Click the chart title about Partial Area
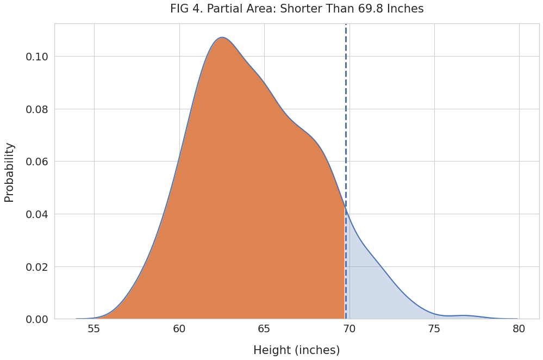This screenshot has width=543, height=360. (296, 9)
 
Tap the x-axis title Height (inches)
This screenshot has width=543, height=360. (296, 350)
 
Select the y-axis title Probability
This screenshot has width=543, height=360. (10, 172)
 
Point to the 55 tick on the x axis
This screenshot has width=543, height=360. (94, 329)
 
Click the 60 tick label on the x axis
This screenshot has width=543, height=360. (179, 329)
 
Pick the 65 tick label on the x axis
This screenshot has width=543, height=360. (264, 329)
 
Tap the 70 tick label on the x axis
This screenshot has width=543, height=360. (349, 329)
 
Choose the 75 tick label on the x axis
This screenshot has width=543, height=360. (434, 329)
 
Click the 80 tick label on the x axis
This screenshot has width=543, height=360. (519, 329)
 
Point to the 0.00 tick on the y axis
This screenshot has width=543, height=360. (37, 319)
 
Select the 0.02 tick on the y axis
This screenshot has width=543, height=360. (37, 266)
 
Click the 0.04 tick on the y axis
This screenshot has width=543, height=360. (37, 214)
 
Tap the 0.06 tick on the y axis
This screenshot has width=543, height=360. (37, 162)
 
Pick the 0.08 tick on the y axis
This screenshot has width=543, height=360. (37, 109)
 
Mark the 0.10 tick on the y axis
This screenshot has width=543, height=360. (37, 57)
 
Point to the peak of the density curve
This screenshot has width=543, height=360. (222, 38)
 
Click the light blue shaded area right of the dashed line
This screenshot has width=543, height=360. (375, 294)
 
